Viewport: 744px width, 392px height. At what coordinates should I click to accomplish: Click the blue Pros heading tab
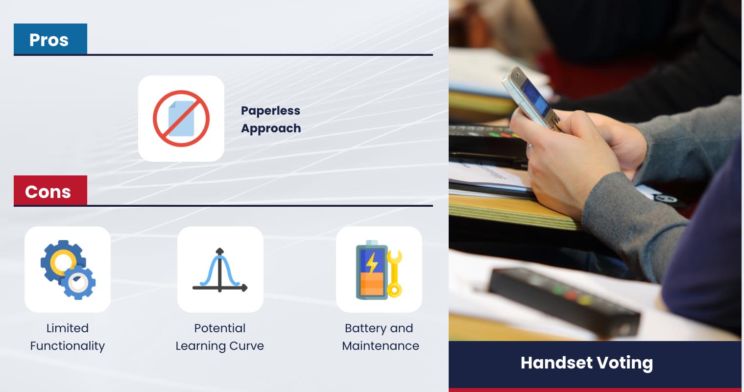pos(50,39)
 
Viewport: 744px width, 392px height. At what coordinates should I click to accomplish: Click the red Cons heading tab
pos(50,191)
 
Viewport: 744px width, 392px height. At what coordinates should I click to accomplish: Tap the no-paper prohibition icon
pos(181,119)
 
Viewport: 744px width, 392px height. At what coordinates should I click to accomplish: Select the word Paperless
pos(270,111)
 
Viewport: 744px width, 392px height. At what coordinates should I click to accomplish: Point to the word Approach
pos(271,128)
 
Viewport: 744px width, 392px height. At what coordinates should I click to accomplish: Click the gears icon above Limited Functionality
pos(68,269)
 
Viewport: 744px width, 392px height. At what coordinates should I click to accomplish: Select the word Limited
pos(68,328)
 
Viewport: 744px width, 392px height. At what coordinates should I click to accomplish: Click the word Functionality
pos(68,346)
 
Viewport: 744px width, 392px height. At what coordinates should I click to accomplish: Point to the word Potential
pos(220,328)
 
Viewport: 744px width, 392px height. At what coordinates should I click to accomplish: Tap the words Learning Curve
pos(220,346)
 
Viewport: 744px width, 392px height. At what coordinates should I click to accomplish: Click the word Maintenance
pos(381,346)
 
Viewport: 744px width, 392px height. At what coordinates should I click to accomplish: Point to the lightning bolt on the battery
pos(372,262)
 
